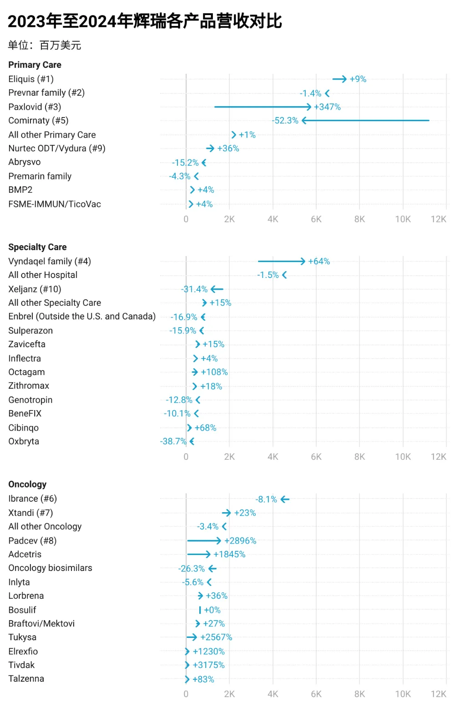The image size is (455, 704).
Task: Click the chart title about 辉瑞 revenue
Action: tap(145, 21)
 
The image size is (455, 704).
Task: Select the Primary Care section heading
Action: tap(35, 65)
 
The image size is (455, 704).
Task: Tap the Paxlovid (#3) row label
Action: tap(35, 107)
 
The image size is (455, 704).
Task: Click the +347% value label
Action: tap(327, 107)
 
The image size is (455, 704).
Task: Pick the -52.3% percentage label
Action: tap(285, 121)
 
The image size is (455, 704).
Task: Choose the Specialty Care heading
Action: tap(37, 247)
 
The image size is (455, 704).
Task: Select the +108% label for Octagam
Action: tap(214, 372)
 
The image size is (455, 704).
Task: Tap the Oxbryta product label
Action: tap(24, 441)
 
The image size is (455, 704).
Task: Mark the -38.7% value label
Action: tap(173, 442)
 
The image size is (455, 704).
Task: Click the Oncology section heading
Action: tap(27, 484)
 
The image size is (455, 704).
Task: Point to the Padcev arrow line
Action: tap(204, 540)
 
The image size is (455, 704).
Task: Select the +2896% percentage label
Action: tap(240, 541)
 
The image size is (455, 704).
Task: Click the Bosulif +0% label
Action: tap(212, 610)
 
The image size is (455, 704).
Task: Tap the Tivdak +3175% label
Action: tap(209, 665)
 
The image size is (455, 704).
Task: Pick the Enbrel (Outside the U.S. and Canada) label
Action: tap(82, 316)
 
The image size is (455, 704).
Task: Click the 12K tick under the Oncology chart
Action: tap(438, 694)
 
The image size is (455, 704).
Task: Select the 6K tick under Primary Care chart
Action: tap(316, 219)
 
